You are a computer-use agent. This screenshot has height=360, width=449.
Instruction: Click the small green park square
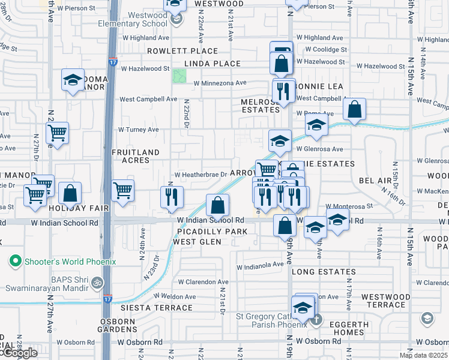(x=179, y=76)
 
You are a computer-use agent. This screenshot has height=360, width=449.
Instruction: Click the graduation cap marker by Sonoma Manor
(x=72, y=80)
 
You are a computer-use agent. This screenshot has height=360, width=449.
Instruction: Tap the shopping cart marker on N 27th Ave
(x=57, y=133)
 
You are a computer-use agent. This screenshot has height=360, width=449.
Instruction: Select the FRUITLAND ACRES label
(x=135, y=157)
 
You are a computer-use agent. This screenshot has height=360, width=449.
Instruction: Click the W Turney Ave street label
(x=138, y=129)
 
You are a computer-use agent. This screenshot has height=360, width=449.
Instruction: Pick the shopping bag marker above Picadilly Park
(x=217, y=205)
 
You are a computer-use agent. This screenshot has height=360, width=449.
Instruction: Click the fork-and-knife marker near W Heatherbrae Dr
(x=172, y=197)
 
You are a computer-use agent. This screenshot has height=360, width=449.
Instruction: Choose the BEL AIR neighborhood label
(x=375, y=180)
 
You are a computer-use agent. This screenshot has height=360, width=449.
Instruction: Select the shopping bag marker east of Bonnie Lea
(x=355, y=109)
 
